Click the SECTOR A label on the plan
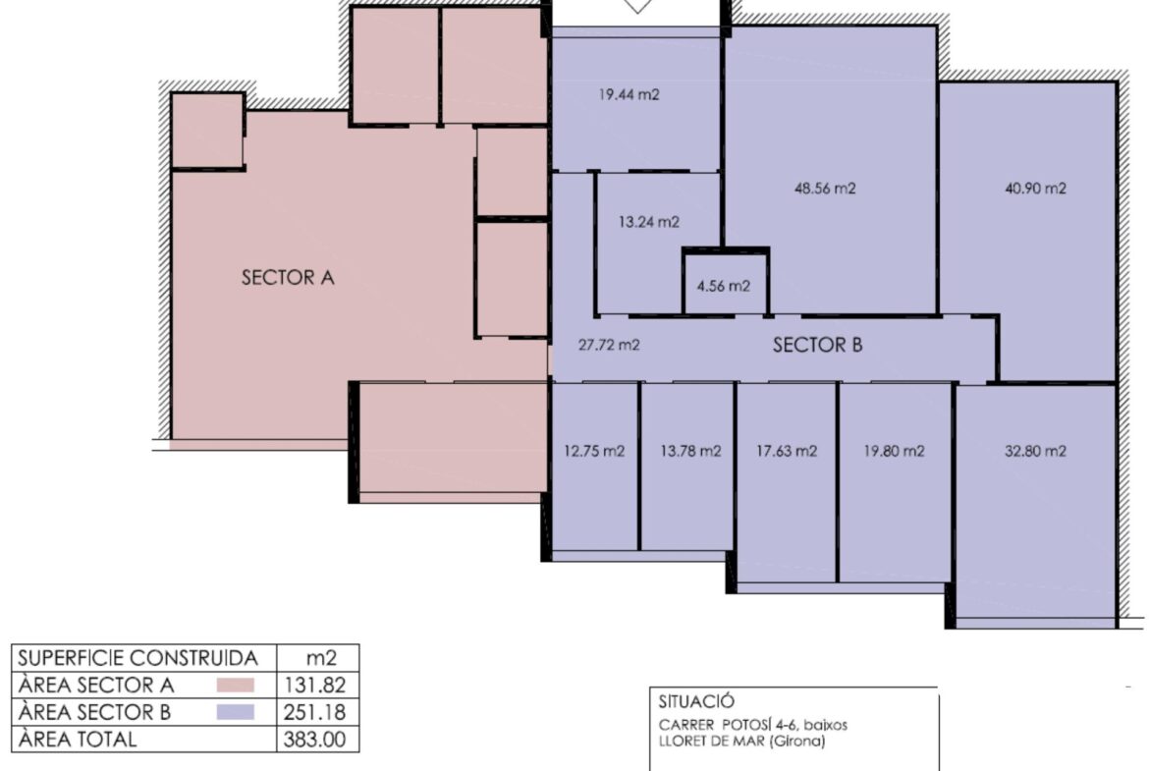(x=288, y=277)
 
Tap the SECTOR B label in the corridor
(x=818, y=345)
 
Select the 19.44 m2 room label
(x=629, y=94)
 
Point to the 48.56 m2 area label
(x=825, y=189)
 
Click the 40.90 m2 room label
(x=1035, y=189)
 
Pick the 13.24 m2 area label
(x=648, y=222)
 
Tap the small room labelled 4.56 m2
(x=723, y=286)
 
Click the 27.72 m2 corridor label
(x=609, y=345)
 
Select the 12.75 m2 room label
(x=594, y=451)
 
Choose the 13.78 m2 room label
(x=690, y=451)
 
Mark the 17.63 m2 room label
(x=787, y=451)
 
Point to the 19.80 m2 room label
(x=894, y=451)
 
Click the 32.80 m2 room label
(x=1035, y=451)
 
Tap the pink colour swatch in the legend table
(x=236, y=686)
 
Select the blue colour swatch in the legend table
(x=236, y=712)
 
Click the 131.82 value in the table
(x=315, y=686)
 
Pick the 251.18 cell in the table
(x=315, y=712)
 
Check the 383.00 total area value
(x=315, y=739)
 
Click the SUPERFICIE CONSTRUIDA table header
(x=137, y=658)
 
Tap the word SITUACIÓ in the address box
(x=696, y=702)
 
